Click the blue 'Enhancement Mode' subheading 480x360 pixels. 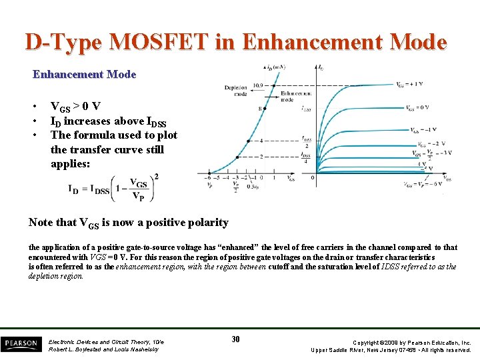click(84, 75)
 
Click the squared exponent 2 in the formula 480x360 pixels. click(155, 177)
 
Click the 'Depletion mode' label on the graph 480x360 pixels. click(235, 91)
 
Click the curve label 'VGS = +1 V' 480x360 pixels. click(409, 85)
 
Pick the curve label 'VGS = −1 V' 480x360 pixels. click(423, 130)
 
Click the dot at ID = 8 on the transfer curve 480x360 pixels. click(266, 108)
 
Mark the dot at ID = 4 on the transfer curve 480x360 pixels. click(248, 141)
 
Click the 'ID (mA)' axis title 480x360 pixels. click(275, 67)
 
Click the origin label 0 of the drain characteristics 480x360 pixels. click(313, 178)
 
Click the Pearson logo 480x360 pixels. click(21, 343)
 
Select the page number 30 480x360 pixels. click(235, 339)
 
